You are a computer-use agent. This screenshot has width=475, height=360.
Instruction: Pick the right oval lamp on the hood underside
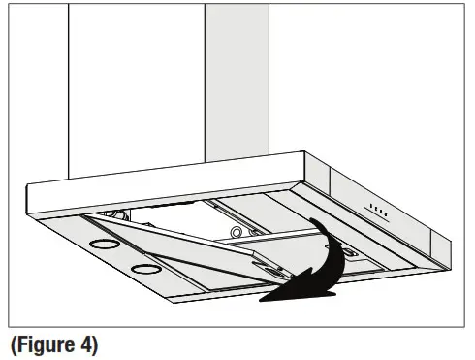coord(146,267)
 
